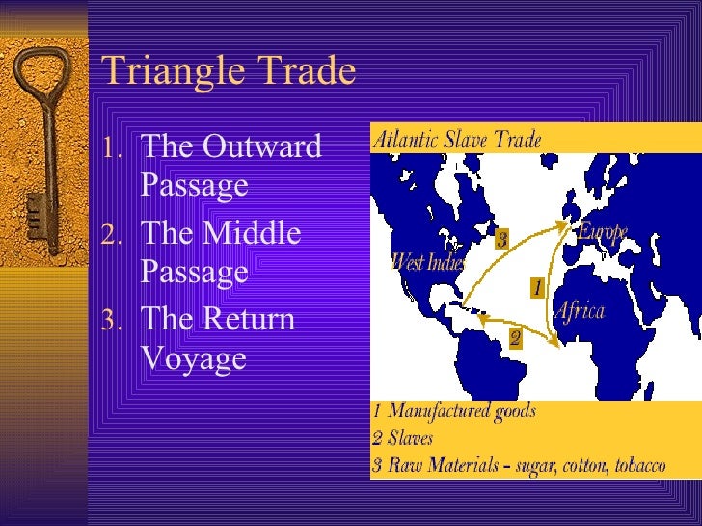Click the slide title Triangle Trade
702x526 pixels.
[x=229, y=71]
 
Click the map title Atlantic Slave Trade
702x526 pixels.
[x=457, y=139]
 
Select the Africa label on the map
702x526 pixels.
[x=579, y=310]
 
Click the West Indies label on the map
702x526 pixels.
[x=428, y=261]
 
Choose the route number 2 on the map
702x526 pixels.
[x=515, y=337]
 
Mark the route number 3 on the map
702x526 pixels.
[x=501, y=240]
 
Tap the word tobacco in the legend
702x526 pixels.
[x=634, y=466]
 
